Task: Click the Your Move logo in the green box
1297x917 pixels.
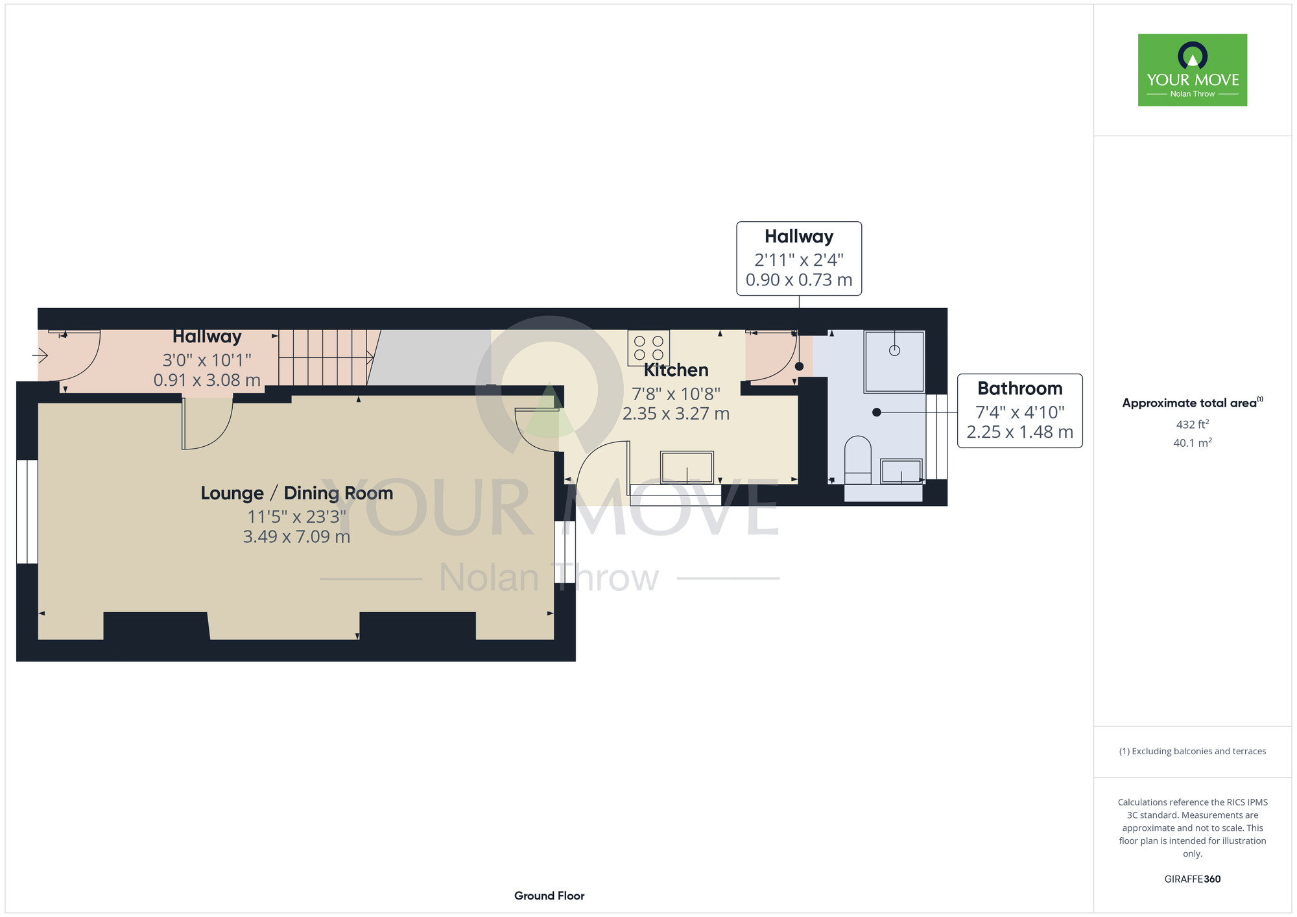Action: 1193,70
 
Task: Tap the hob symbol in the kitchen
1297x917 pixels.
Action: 648,348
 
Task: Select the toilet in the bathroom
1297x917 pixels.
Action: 858,460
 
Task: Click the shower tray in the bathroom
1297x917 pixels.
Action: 894,361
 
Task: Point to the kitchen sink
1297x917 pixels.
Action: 687,468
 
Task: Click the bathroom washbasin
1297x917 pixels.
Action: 901,471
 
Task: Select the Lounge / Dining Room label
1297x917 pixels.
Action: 297,493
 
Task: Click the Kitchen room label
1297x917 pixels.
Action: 676,370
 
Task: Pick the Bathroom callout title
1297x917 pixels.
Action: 1020,388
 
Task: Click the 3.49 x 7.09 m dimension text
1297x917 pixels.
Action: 297,537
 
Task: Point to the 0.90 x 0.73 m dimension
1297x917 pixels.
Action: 799,280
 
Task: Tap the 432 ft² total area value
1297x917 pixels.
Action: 1193,424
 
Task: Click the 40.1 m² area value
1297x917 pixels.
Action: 1193,443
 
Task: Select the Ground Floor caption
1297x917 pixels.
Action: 549,896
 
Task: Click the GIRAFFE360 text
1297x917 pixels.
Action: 1193,879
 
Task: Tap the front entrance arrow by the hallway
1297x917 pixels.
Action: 40,355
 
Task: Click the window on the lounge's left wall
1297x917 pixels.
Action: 27,512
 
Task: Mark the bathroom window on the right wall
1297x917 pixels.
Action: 936,436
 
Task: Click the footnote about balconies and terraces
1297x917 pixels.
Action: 1193,751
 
